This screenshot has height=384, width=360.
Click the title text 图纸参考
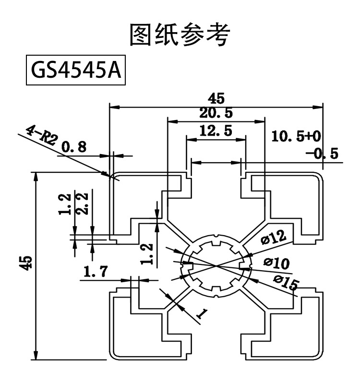point(180,35)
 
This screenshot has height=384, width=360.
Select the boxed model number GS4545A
point(75,71)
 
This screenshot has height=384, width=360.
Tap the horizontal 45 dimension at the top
point(216,99)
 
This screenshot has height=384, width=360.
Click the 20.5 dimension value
point(216,114)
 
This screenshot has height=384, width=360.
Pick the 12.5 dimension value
point(216,131)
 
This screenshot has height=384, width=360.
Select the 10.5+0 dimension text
point(296,136)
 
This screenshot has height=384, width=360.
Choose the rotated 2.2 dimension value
point(82,204)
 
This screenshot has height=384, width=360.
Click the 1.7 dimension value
point(96,273)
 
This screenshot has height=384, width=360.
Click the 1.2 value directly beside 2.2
point(67,204)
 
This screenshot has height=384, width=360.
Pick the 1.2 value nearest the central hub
point(149,253)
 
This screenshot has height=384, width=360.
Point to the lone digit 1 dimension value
point(202,314)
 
